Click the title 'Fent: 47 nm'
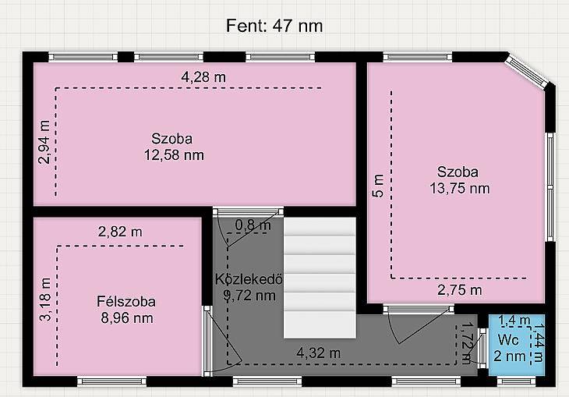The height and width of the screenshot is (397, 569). tap(274, 26)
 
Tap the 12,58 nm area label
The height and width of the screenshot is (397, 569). tap(174, 155)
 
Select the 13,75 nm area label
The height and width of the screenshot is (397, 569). tap(460, 189)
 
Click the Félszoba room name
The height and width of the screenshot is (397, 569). tap(126, 302)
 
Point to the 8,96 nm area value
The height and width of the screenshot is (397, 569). tap(126, 318)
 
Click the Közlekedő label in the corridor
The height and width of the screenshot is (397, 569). tap(249, 279)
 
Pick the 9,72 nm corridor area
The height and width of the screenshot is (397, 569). tap(249, 296)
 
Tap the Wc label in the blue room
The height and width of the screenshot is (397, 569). tap(508, 340)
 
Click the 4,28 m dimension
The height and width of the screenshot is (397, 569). tap(203, 77)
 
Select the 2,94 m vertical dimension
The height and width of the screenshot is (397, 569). tap(44, 142)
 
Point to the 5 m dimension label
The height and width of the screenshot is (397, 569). tap(378, 186)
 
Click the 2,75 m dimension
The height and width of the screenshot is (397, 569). tap(460, 290)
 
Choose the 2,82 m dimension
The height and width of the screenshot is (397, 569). tap(120, 232)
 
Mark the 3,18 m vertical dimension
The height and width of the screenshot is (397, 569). tap(45, 300)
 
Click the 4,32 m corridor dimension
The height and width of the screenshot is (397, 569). tap(319, 353)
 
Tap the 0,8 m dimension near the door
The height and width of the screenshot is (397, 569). tap(253, 225)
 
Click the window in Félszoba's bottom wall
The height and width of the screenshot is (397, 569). tap(111, 381)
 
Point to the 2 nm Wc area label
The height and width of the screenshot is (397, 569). tap(510, 356)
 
